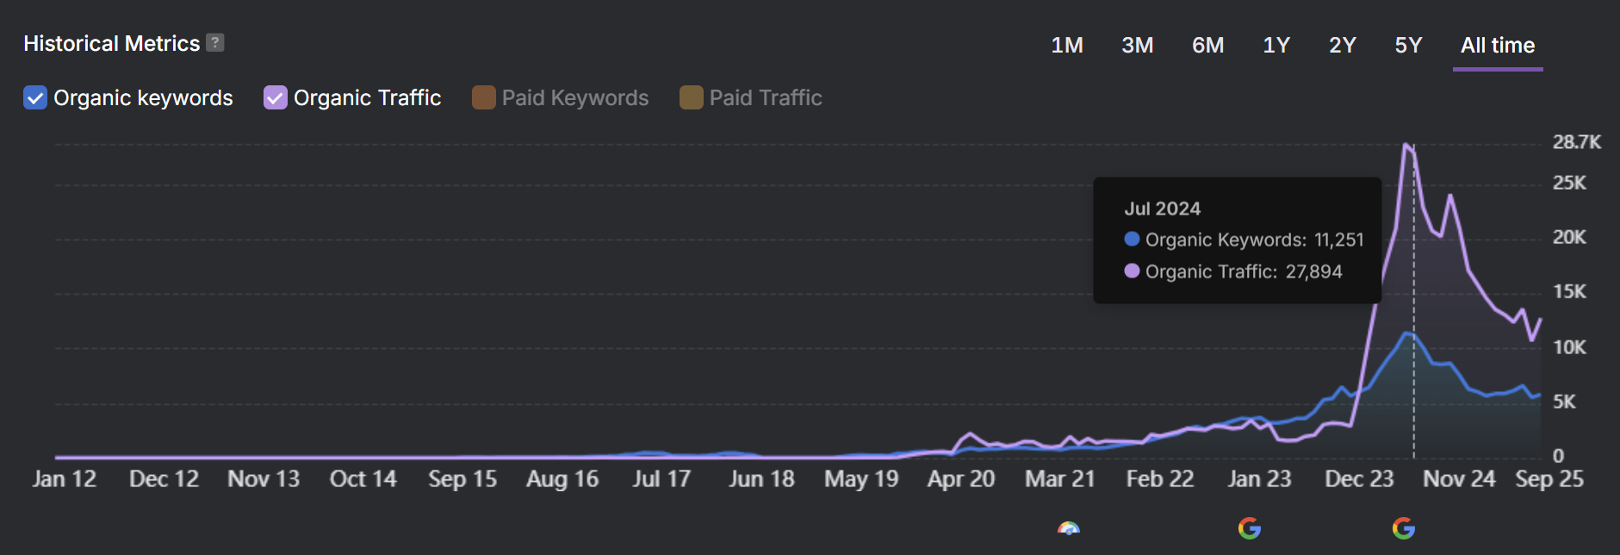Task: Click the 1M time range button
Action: tap(1067, 46)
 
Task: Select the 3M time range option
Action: tap(1137, 46)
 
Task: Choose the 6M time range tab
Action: tap(1207, 46)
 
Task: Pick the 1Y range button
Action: tap(1276, 46)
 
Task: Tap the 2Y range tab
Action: tap(1343, 46)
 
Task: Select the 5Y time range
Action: tap(1408, 46)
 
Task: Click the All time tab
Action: tap(1498, 46)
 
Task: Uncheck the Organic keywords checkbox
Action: tap(35, 98)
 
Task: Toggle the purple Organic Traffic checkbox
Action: tap(275, 98)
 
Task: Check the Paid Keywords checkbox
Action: tap(484, 98)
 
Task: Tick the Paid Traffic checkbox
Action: tap(691, 98)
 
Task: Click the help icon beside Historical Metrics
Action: tap(215, 43)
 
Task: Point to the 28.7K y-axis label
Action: tap(1576, 142)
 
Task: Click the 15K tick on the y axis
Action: tap(1569, 292)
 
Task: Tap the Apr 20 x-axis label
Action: tap(960, 479)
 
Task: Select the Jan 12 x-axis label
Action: tap(65, 479)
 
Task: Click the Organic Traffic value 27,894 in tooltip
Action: tap(1313, 272)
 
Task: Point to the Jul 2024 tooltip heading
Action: tap(1162, 209)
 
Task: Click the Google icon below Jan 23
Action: tap(1249, 528)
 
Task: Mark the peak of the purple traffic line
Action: tap(1406, 145)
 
